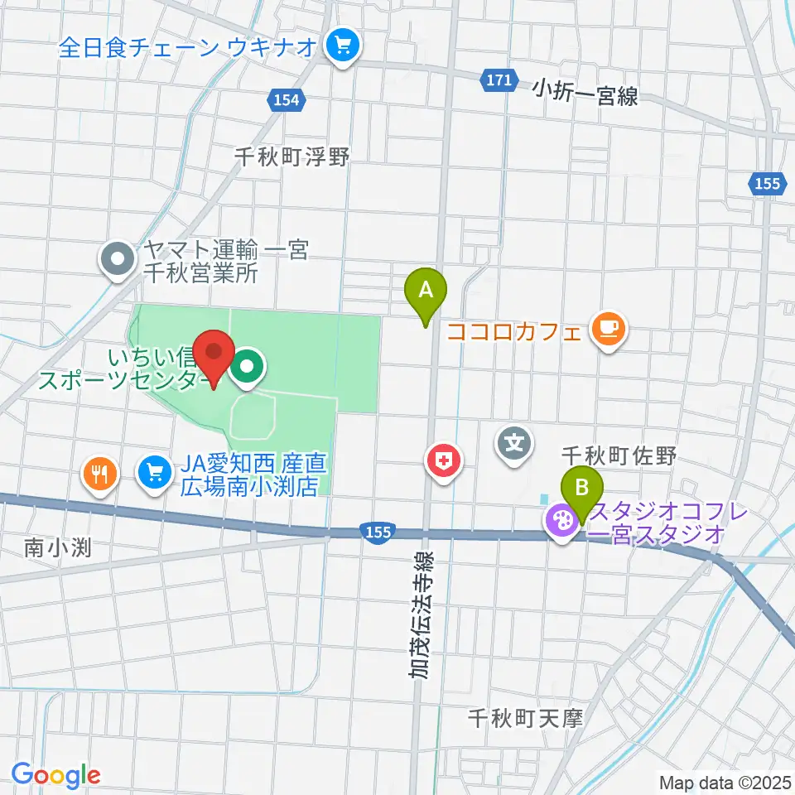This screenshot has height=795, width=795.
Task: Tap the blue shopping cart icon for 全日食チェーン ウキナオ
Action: [x=342, y=46]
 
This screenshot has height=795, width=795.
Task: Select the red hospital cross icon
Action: [x=445, y=460]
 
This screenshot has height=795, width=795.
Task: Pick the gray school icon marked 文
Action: [x=514, y=441]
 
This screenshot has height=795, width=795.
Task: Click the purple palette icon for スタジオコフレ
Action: [x=561, y=522]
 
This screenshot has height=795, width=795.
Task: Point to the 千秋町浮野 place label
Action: [x=292, y=156]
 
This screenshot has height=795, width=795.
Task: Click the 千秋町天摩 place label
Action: [x=525, y=718]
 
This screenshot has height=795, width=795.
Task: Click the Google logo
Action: [x=55, y=775]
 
